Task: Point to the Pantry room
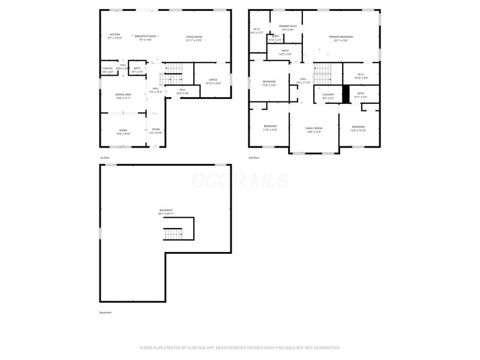[108, 70]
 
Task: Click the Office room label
[213, 81]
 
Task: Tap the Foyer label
[155, 130]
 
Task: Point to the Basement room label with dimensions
[166, 212]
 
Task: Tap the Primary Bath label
[288, 28]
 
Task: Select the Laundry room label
[328, 95]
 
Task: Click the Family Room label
[314, 129]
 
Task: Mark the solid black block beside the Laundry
[345, 95]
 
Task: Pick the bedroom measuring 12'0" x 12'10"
[358, 128]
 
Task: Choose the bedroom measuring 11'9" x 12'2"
[269, 83]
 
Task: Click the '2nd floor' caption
[253, 158]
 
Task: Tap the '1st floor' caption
[104, 158]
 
